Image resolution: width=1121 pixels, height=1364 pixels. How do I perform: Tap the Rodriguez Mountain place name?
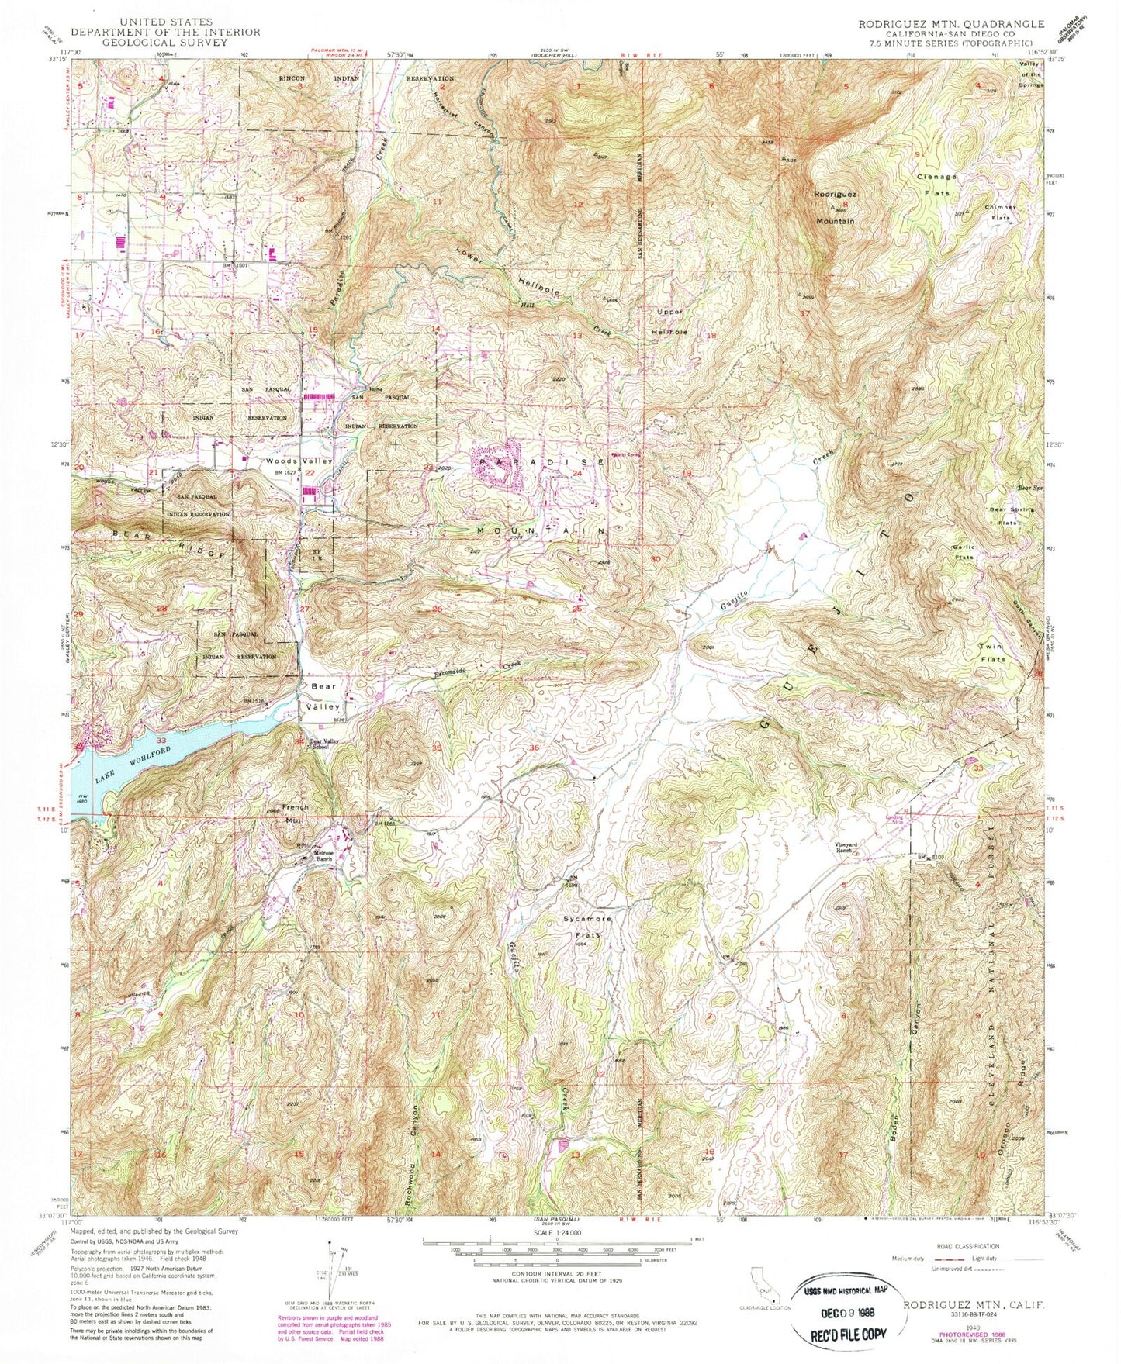point(834,207)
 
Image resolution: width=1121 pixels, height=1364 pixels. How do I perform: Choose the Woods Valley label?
point(288,461)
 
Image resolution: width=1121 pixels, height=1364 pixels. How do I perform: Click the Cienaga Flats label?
point(937,185)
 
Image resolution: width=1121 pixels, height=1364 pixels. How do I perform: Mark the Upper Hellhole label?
point(672,321)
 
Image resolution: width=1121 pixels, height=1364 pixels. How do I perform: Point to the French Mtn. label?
point(295,812)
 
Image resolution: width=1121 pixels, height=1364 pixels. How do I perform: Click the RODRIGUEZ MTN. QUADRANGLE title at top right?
point(950,24)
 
